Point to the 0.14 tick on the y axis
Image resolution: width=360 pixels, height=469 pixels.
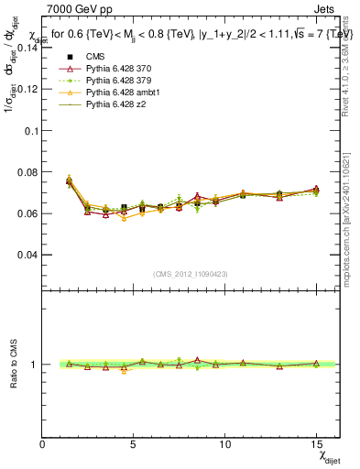[27, 49]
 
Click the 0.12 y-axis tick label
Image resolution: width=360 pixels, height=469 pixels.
[27, 90]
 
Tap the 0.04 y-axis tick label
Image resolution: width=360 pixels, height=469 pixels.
[27, 255]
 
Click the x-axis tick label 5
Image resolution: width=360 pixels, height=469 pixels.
[134, 444]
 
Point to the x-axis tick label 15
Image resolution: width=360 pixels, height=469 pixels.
[315, 444]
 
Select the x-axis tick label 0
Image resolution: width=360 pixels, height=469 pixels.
[43, 444]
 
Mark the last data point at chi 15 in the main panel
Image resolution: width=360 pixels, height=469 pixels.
[316, 191]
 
